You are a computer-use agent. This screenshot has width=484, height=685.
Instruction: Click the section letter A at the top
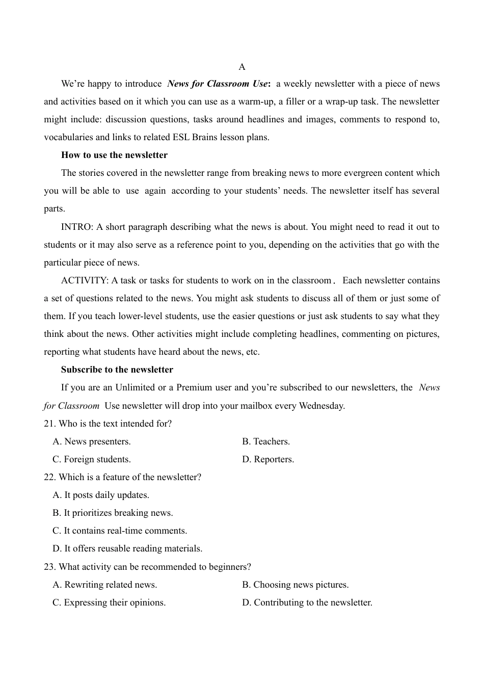pyautogui.click(x=242, y=67)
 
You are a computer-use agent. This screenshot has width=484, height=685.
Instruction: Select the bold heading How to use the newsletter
pyautogui.click(x=114, y=155)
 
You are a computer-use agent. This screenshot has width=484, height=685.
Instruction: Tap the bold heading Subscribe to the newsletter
pyautogui.click(x=117, y=370)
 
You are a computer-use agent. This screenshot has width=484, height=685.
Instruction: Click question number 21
pyautogui.click(x=49, y=424)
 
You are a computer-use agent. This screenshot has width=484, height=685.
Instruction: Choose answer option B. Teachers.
pyautogui.click(x=266, y=441)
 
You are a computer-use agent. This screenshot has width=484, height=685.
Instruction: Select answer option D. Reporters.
pyautogui.click(x=268, y=459)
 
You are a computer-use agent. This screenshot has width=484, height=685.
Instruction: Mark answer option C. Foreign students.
pyautogui.click(x=92, y=459)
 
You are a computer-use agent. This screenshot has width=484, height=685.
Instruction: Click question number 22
pyautogui.click(x=49, y=477)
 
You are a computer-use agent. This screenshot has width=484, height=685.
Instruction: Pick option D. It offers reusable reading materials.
pyautogui.click(x=127, y=548)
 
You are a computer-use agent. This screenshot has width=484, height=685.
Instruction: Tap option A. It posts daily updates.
pyautogui.click(x=101, y=495)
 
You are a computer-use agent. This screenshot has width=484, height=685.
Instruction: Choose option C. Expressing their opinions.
pyautogui.click(x=109, y=602)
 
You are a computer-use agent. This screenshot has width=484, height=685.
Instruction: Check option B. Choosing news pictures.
pyautogui.click(x=295, y=585)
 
